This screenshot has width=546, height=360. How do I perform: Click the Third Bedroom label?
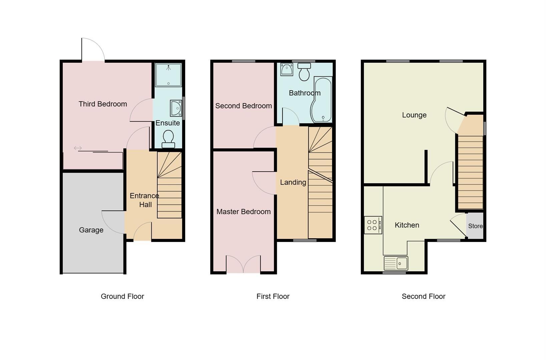coord(103,104)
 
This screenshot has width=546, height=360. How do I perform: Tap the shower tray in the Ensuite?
coord(168,75)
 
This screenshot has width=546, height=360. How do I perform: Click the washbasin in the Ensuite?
coord(176,108)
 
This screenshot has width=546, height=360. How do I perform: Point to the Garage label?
coord(91,230)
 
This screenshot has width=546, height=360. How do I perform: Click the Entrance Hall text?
coord(145,200)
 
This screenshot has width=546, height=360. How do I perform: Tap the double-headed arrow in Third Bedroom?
coord(78,148)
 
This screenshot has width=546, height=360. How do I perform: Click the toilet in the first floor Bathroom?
coord(304,72)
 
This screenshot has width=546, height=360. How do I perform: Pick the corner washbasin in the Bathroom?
coord(287,69)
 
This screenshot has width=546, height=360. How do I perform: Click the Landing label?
coord(293,182)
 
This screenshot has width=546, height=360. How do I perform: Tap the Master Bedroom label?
coord(243,212)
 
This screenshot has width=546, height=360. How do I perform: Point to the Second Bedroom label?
coord(243,106)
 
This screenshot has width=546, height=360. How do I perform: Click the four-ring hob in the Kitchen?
coord(373,225)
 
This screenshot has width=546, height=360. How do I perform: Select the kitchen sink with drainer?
coord(396,263)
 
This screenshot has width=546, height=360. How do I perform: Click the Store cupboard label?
coord(475,226)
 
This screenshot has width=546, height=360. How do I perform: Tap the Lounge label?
coord(414,115)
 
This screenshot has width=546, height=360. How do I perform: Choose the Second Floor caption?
coord(423,296)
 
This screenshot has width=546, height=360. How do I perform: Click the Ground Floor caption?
coord(122,296)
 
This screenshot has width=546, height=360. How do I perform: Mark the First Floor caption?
coord(273,296)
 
